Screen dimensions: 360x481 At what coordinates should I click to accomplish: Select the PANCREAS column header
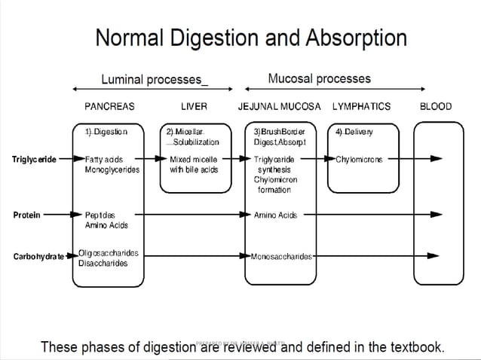109,106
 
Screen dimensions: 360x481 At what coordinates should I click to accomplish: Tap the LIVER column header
194,106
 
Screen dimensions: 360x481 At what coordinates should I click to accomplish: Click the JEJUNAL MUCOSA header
279,106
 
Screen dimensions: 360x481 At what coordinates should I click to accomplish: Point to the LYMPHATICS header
361,106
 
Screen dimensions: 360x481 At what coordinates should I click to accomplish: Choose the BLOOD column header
435,106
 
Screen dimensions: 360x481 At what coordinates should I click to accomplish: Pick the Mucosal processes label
319,78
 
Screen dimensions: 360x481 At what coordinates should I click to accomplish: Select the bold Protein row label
27,215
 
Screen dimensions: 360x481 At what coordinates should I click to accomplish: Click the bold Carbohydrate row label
38,257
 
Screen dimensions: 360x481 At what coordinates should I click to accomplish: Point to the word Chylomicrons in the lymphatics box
360,159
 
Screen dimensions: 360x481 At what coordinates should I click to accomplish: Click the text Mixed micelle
194,159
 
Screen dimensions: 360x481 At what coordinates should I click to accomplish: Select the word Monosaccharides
282,257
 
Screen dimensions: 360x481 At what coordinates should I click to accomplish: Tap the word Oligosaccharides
109,253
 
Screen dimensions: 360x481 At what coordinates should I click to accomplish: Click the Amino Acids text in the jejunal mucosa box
276,215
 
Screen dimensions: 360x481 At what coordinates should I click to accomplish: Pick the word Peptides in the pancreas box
100,215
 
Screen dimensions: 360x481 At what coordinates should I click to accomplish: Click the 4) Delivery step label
354,131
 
